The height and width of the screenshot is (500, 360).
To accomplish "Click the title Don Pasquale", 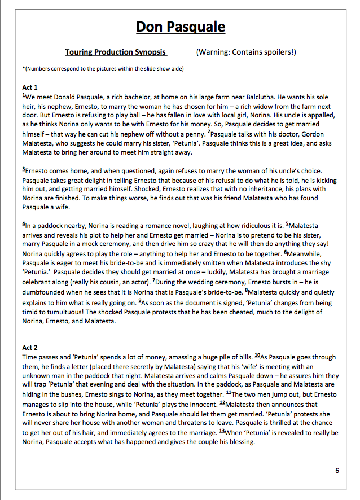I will click(181, 27).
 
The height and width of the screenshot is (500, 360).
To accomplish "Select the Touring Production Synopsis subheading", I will click(116, 52).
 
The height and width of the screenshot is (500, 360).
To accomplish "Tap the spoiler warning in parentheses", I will click(246, 52).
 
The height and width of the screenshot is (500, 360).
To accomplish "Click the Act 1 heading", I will click(30, 87).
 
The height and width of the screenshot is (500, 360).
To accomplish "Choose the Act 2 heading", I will click(30, 348).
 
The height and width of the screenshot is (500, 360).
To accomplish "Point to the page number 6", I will click(337, 471).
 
